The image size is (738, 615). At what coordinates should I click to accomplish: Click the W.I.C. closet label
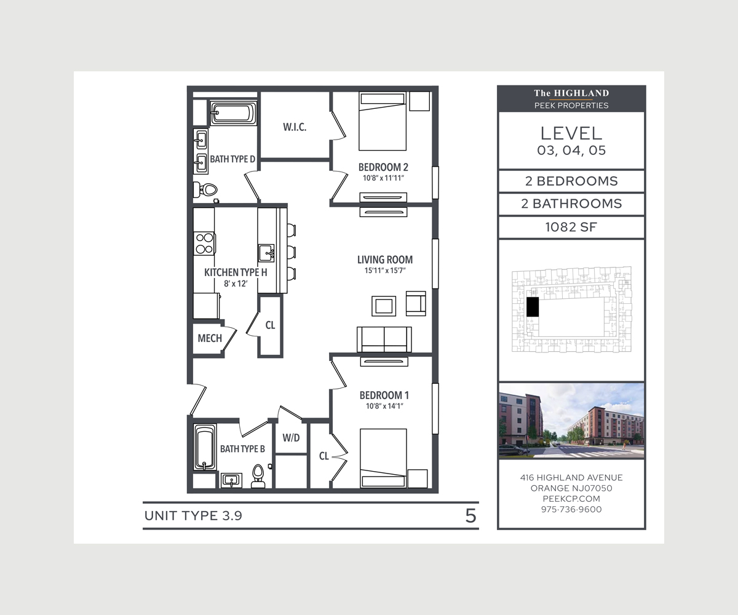tap(295, 127)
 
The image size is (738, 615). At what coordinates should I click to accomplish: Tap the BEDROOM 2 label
tap(383, 167)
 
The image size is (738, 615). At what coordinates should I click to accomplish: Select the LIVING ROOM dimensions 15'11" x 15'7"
tap(385, 271)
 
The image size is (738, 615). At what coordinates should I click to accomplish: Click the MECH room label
tap(210, 338)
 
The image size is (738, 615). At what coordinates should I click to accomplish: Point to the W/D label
tap(291, 438)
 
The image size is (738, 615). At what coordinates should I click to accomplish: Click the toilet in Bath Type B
tap(258, 477)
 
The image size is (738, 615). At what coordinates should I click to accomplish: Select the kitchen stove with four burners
tap(204, 244)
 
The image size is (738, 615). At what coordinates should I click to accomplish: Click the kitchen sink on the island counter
tap(266, 253)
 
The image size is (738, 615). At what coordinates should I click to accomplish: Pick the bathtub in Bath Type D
tap(233, 113)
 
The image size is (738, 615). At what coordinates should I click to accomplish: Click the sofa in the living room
tap(384, 339)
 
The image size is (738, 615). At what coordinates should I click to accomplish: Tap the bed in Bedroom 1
tap(383, 458)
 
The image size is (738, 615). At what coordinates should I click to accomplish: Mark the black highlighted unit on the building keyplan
tap(533, 307)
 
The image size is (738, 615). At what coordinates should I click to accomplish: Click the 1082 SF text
tap(571, 228)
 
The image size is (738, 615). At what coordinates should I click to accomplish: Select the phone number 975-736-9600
tap(571, 509)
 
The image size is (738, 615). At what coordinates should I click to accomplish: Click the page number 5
tap(471, 516)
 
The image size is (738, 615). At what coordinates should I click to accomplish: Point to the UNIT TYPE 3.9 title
tap(193, 516)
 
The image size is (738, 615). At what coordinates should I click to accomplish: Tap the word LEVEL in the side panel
tap(571, 133)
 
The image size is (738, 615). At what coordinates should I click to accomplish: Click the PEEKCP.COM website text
tap(571, 499)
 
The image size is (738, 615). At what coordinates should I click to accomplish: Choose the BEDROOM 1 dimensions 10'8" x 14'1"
tap(384, 407)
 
